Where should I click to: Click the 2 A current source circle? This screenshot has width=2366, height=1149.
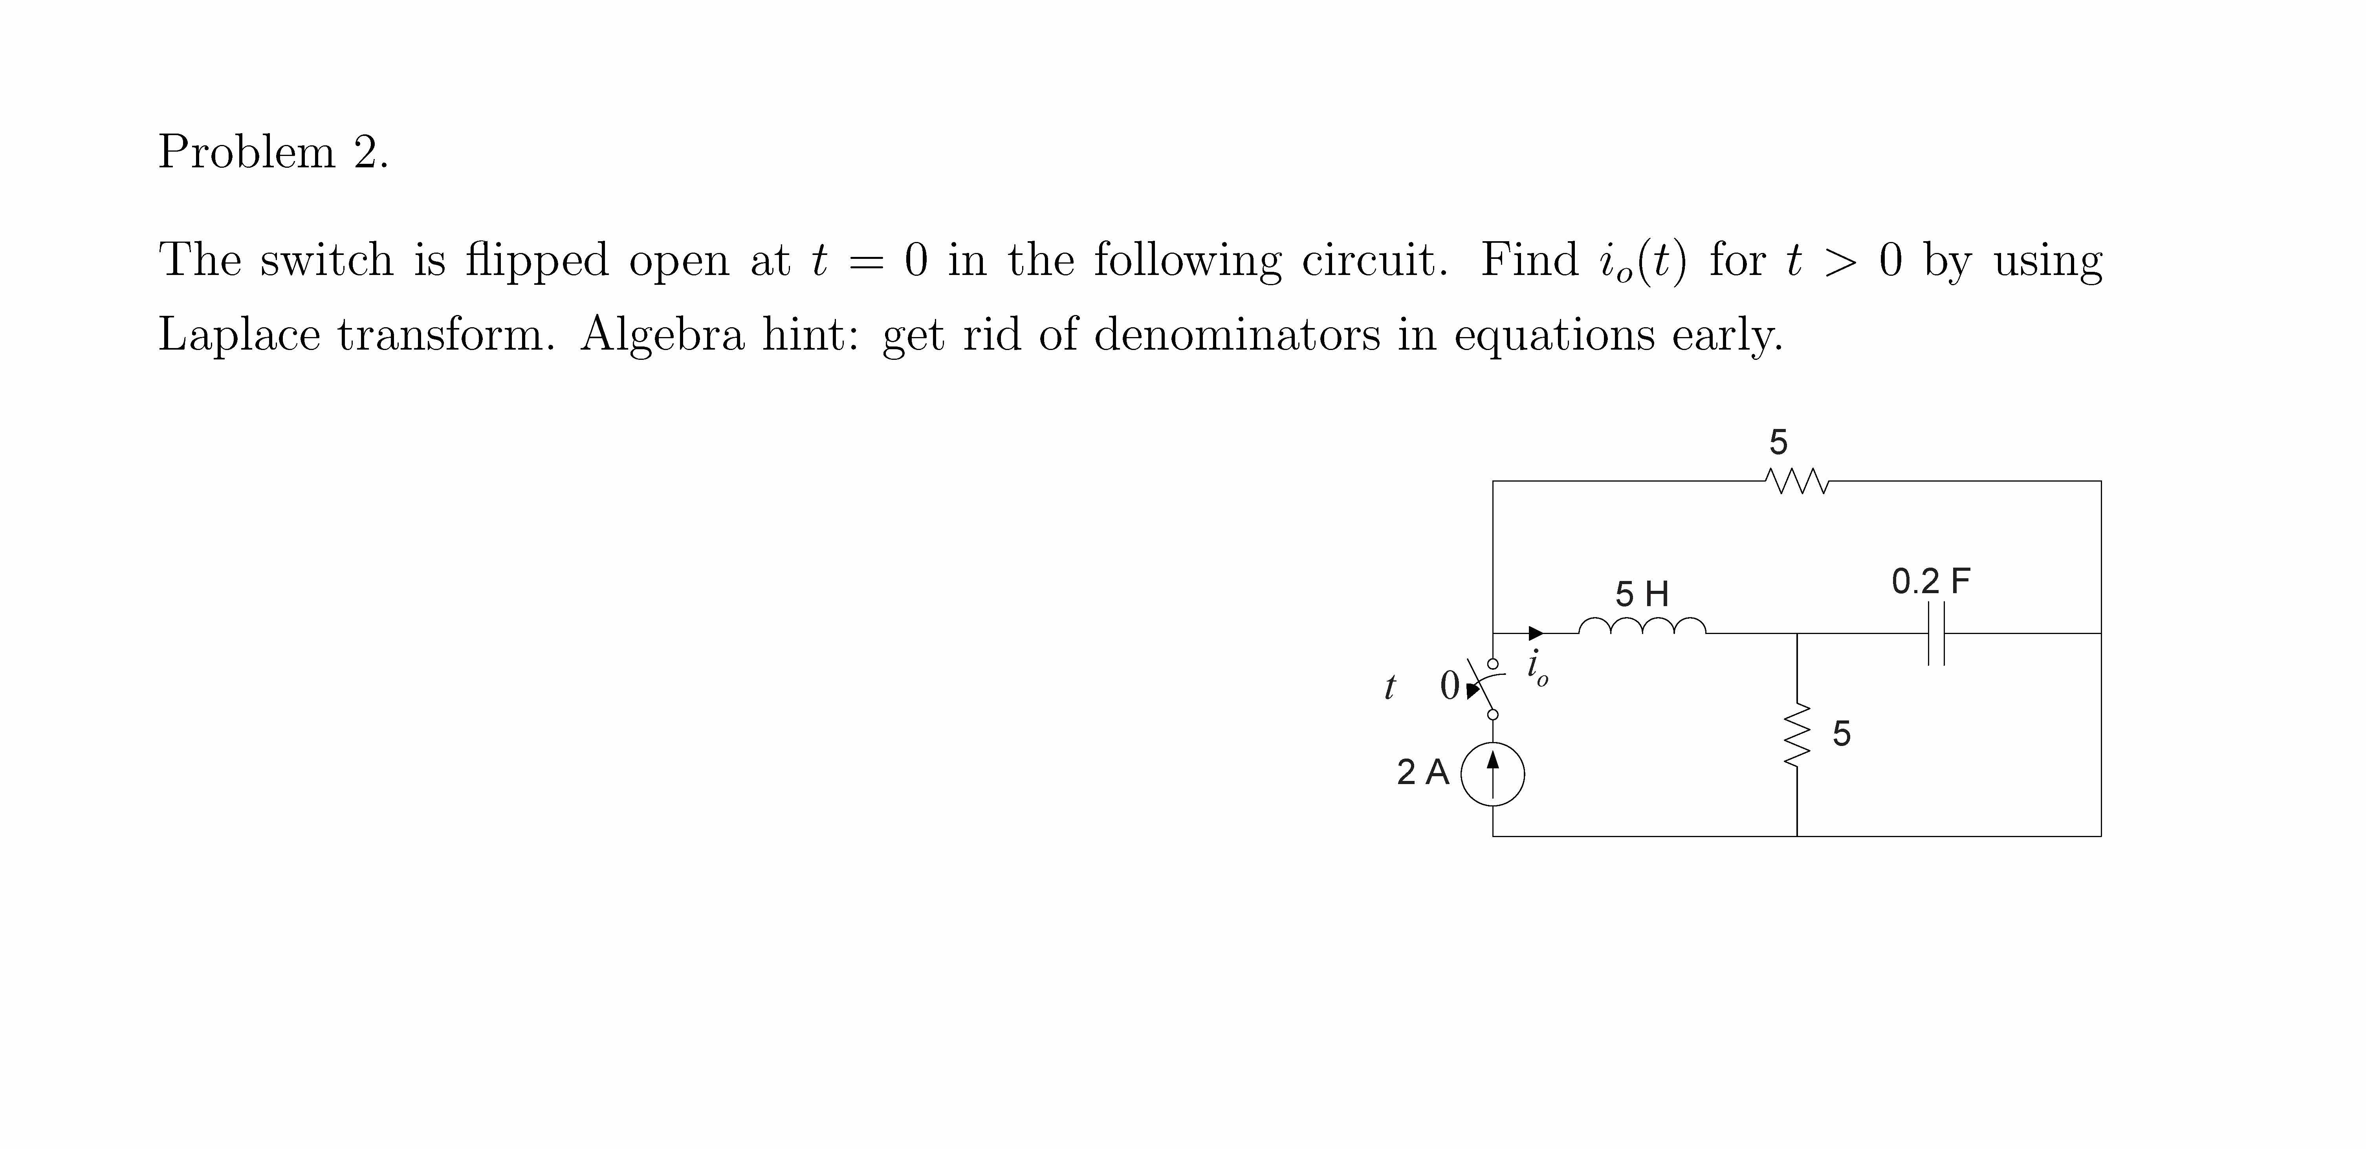coord(1492,775)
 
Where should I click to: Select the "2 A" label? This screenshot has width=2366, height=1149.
coord(1423,772)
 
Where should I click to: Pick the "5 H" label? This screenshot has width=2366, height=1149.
coord(1642,594)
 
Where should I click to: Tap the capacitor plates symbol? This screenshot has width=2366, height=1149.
coord(1936,633)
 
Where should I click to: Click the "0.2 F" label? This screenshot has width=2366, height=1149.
coord(1931,581)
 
